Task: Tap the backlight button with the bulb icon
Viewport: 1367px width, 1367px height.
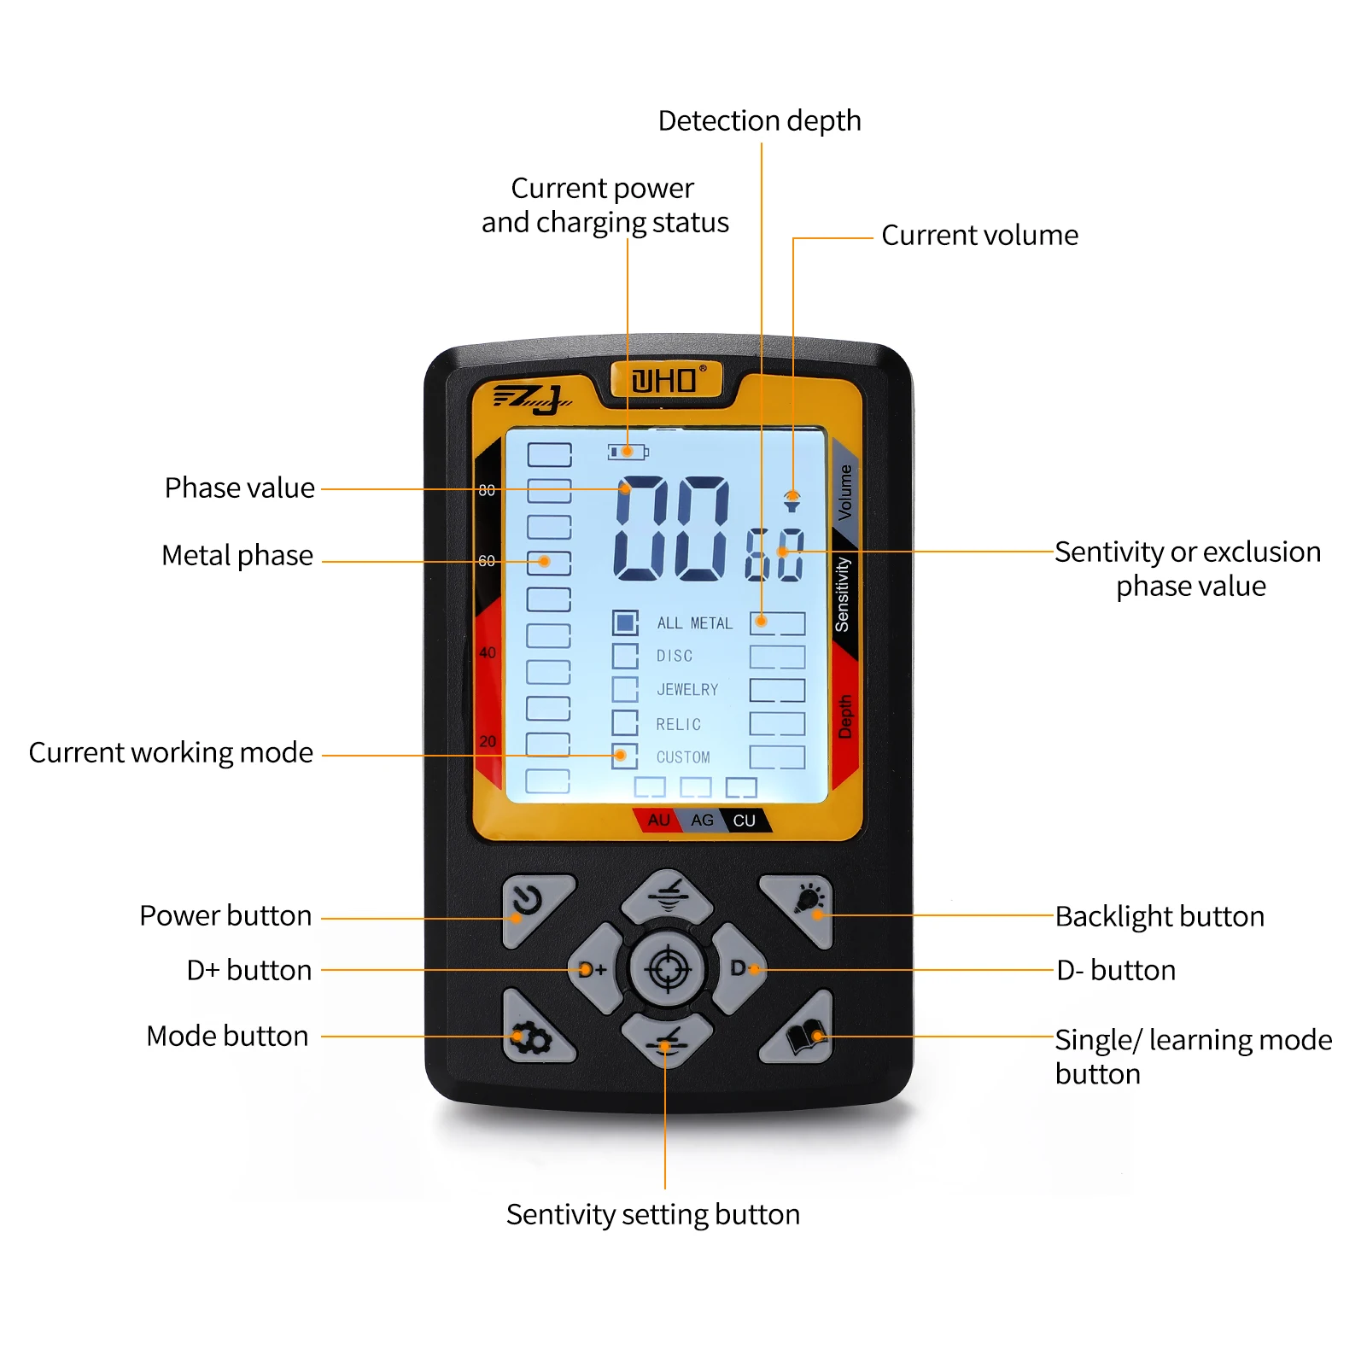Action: pyautogui.click(x=803, y=907)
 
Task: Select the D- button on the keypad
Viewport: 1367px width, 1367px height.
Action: pyautogui.click(x=739, y=968)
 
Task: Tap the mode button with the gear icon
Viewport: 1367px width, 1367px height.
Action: pyautogui.click(x=532, y=1035)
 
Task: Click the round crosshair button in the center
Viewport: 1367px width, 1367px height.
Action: pyautogui.click(x=668, y=969)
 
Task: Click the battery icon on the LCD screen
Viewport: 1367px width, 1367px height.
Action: pyautogui.click(x=628, y=452)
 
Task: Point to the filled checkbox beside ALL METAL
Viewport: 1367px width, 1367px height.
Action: pyautogui.click(x=625, y=622)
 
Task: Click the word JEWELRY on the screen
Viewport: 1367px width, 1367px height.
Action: pyautogui.click(x=687, y=690)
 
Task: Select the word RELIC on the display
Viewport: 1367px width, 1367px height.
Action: pyautogui.click(x=678, y=724)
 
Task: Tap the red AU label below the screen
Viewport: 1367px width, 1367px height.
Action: pyautogui.click(x=658, y=821)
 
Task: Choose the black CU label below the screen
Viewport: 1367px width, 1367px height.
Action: pyautogui.click(x=744, y=821)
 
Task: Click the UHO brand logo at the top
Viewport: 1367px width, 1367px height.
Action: pyautogui.click(x=667, y=380)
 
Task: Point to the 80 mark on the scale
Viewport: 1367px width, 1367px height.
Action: pyautogui.click(x=487, y=490)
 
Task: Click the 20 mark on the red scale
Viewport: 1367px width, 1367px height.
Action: pyautogui.click(x=488, y=741)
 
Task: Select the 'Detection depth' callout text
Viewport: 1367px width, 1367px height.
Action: pyautogui.click(x=759, y=121)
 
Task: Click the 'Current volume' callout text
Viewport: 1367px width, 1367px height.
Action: pyautogui.click(x=979, y=236)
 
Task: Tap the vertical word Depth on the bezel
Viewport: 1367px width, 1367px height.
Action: pyautogui.click(x=845, y=716)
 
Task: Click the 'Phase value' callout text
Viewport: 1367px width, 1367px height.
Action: pyautogui.click(x=239, y=488)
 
